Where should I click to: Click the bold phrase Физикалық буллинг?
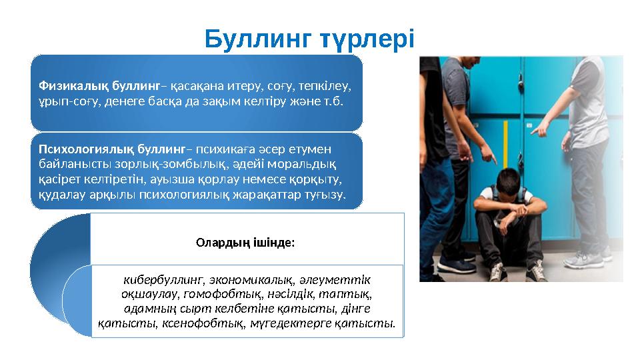(99, 86)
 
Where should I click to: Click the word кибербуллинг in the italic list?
(163, 279)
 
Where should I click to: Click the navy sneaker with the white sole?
(455, 265)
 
